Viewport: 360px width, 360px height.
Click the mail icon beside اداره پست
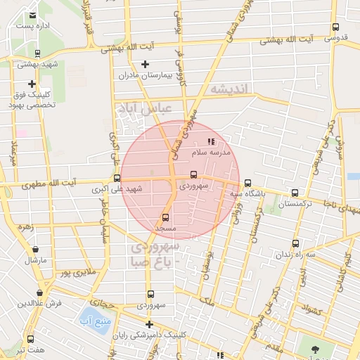[x=33, y=15]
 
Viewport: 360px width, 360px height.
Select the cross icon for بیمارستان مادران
[x=145, y=65]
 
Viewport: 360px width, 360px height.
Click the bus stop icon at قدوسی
[x=335, y=29]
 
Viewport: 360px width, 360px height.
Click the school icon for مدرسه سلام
[x=211, y=143]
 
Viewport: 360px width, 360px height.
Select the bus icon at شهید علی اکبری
[x=117, y=179]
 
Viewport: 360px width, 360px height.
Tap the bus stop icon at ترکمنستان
[x=295, y=193]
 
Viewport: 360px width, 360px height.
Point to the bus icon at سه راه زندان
[x=295, y=244]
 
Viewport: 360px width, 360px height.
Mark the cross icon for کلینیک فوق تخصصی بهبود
[x=32, y=84]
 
